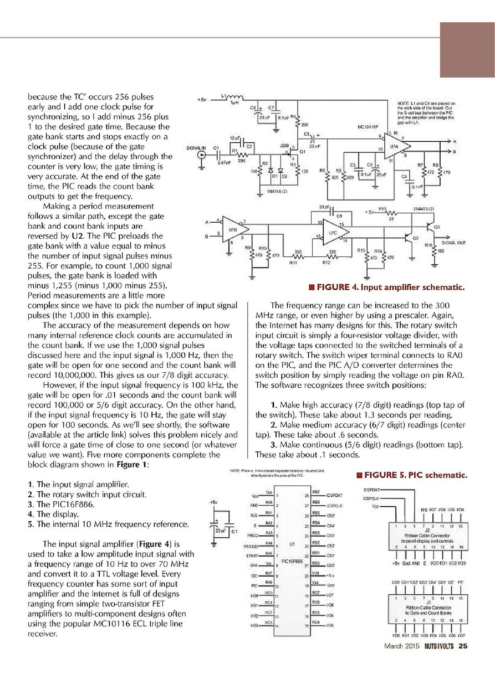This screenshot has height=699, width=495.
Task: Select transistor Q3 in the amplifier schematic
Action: (431, 227)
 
